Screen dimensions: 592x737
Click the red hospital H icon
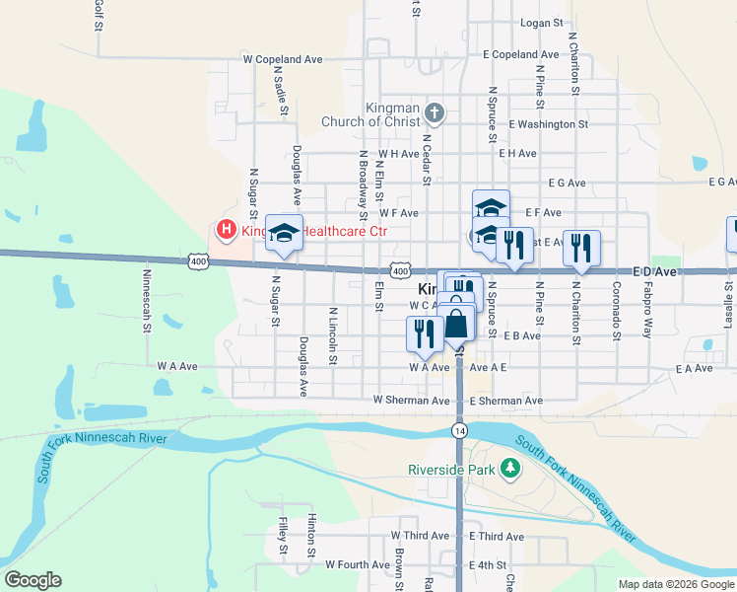pos(226,231)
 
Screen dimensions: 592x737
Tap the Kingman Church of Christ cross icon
pos(435,112)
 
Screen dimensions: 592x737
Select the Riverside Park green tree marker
pos(510,468)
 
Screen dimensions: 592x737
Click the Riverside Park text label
pos(451,470)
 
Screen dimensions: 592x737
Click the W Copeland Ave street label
pos(283,59)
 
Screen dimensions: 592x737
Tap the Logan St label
pos(541,22)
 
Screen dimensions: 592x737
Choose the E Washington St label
pos(548,124)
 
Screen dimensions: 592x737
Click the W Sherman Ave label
pos(411,401)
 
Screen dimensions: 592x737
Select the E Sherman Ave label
pos(505,401)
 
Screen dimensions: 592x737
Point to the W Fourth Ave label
pos(358,565)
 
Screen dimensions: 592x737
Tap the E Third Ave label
pos(497,536)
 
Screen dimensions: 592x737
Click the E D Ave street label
pos(656,269)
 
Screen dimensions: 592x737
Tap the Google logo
pos(33,580)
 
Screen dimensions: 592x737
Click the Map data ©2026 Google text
pos(675,584)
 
